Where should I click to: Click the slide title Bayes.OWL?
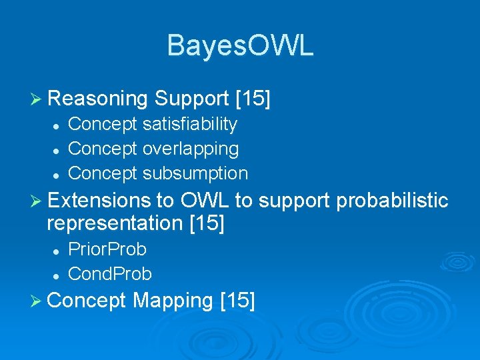[240, 46]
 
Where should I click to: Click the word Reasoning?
[97, 99]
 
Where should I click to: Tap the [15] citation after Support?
[253, 99]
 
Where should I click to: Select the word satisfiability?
[190, 124]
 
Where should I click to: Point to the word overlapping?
[191, 149]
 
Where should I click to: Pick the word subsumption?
[195, 173]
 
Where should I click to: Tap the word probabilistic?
[393, 200]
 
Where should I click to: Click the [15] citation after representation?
[207, 223]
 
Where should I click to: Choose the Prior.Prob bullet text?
[107, 249]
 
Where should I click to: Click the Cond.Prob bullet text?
[110, 274]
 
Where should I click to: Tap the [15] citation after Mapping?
[237, 301]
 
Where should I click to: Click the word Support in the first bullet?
[192, 99]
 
